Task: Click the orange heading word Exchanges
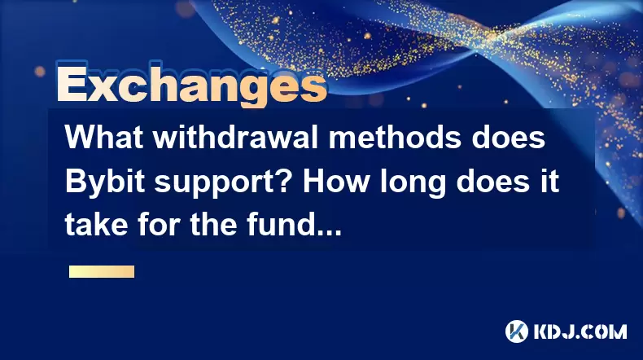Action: click(x=192, y=85)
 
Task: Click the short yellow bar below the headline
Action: click(x=102, y=271)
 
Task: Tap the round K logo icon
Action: click(x=517, y=331)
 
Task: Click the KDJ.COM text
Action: click(x=580, y=331)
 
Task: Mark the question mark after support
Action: click(x=288, y=181)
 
